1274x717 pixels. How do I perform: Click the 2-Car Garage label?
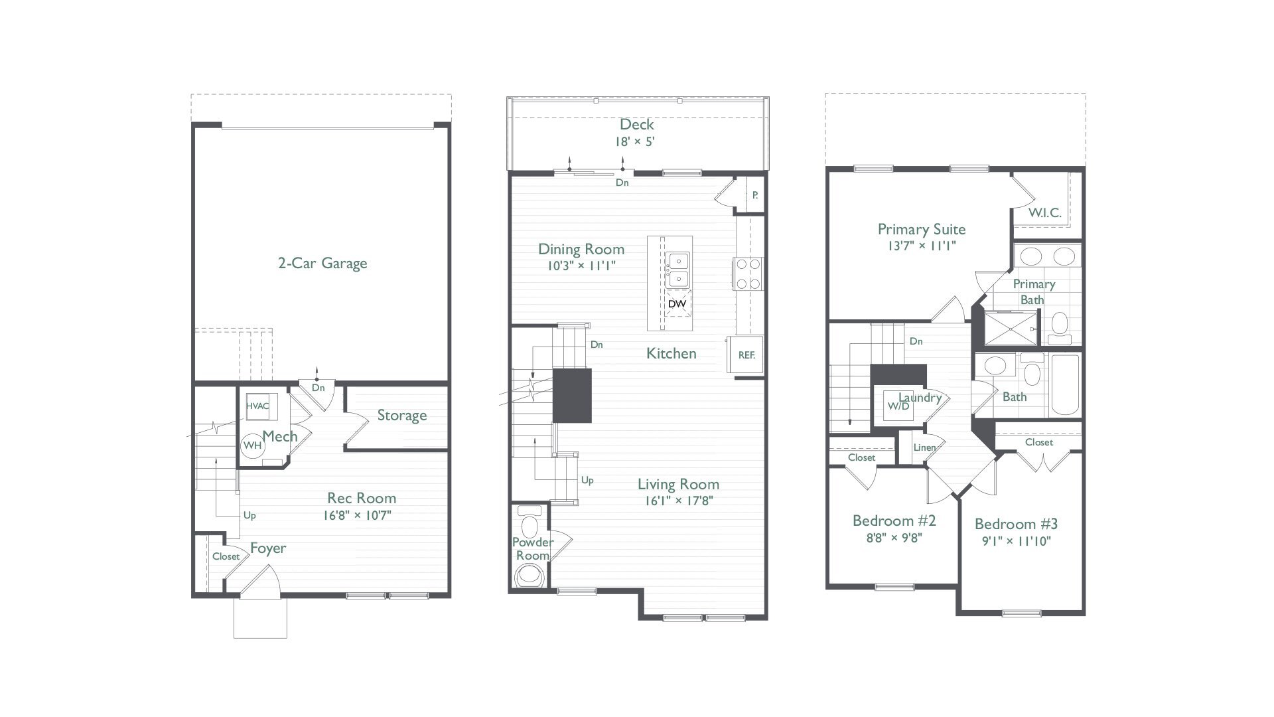click(x=322, y=264)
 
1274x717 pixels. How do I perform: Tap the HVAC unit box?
click(x=257, y=406)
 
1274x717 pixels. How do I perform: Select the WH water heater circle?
click(x=252, y=445)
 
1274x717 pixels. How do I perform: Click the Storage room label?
click(x=401, y=416)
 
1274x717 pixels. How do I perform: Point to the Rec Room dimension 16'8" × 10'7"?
click(x=361, y=515)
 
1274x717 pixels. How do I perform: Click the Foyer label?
click(x=268, y=548)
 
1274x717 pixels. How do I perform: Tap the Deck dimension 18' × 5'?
click(x=636, y=141)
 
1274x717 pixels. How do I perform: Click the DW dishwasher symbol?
click(x=677, y=304)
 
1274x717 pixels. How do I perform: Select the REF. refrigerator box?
click(x=746, y=356)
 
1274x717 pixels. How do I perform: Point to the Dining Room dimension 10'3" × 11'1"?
click(x=581, y=266)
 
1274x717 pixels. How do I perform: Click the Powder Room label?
click(x=532, y=549)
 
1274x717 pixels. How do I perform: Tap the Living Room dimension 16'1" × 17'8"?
click(x=678, y=501)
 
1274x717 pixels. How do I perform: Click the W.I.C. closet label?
click(x=1044, y=214)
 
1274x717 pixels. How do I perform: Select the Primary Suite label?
click(x=921, y=230)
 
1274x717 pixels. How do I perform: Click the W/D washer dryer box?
click(x=898, y=406)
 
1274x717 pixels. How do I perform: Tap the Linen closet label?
click(x=924, y=447)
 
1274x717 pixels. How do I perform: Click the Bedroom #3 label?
click(x=1015, y=524)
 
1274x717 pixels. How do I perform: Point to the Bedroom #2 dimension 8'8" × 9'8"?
click(x=894, y=538)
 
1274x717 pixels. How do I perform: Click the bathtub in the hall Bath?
click(x=1066, y=385)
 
